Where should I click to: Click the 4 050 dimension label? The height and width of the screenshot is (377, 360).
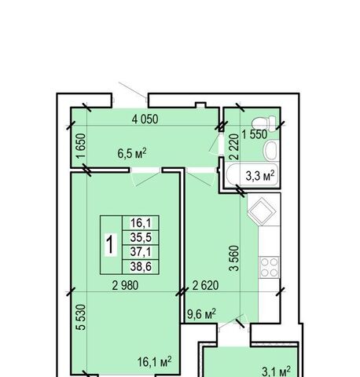point(145,119)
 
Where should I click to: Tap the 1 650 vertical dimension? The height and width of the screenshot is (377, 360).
point(81,146)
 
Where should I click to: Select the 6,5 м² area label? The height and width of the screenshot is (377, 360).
point(132,153)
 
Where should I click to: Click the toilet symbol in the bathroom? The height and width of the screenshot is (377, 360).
point(264,122)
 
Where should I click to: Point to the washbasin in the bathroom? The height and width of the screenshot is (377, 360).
point(271,150)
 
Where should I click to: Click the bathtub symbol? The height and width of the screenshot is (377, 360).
point(252,175)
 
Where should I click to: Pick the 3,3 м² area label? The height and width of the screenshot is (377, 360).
point(260,176)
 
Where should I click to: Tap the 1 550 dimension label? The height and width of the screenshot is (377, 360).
point(255,134)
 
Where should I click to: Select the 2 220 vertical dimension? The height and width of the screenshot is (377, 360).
point(234,147)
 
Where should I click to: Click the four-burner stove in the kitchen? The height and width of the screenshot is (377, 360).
point(269,267)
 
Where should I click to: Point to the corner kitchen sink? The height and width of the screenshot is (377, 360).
point(262,210)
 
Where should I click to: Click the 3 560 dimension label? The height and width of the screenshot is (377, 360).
point(234,258)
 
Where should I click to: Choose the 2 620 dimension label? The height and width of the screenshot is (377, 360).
point(205,285)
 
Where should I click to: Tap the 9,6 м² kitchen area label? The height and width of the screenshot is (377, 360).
point(201,314)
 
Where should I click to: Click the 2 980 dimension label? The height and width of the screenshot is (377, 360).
point(125,285)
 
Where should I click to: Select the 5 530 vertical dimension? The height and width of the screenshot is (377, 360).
point(81,317)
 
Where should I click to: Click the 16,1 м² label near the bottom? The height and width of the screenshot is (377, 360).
point(155,361)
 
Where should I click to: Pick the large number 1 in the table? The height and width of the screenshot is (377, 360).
point(111,244)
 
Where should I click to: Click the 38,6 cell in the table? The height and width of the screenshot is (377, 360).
point(141,267)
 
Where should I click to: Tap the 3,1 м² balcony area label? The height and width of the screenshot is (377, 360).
point(277,371)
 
